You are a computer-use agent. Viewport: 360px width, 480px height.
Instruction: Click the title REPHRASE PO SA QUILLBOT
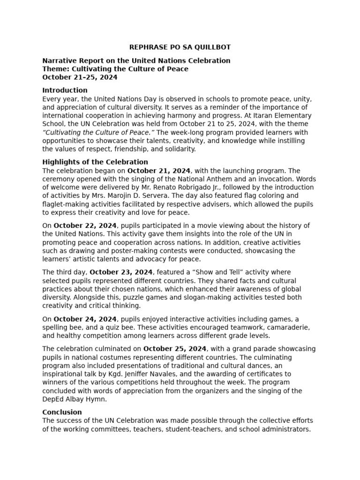point(180,47)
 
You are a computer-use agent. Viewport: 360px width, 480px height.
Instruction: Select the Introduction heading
point(65,90)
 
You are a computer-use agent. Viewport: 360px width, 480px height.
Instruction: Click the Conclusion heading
point(62,412)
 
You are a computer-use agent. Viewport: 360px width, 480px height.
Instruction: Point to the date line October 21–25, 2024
point(80,77)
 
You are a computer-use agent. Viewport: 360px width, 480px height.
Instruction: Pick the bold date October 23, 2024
point(121,272)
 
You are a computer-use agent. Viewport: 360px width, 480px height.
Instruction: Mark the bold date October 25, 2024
point(175,349)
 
